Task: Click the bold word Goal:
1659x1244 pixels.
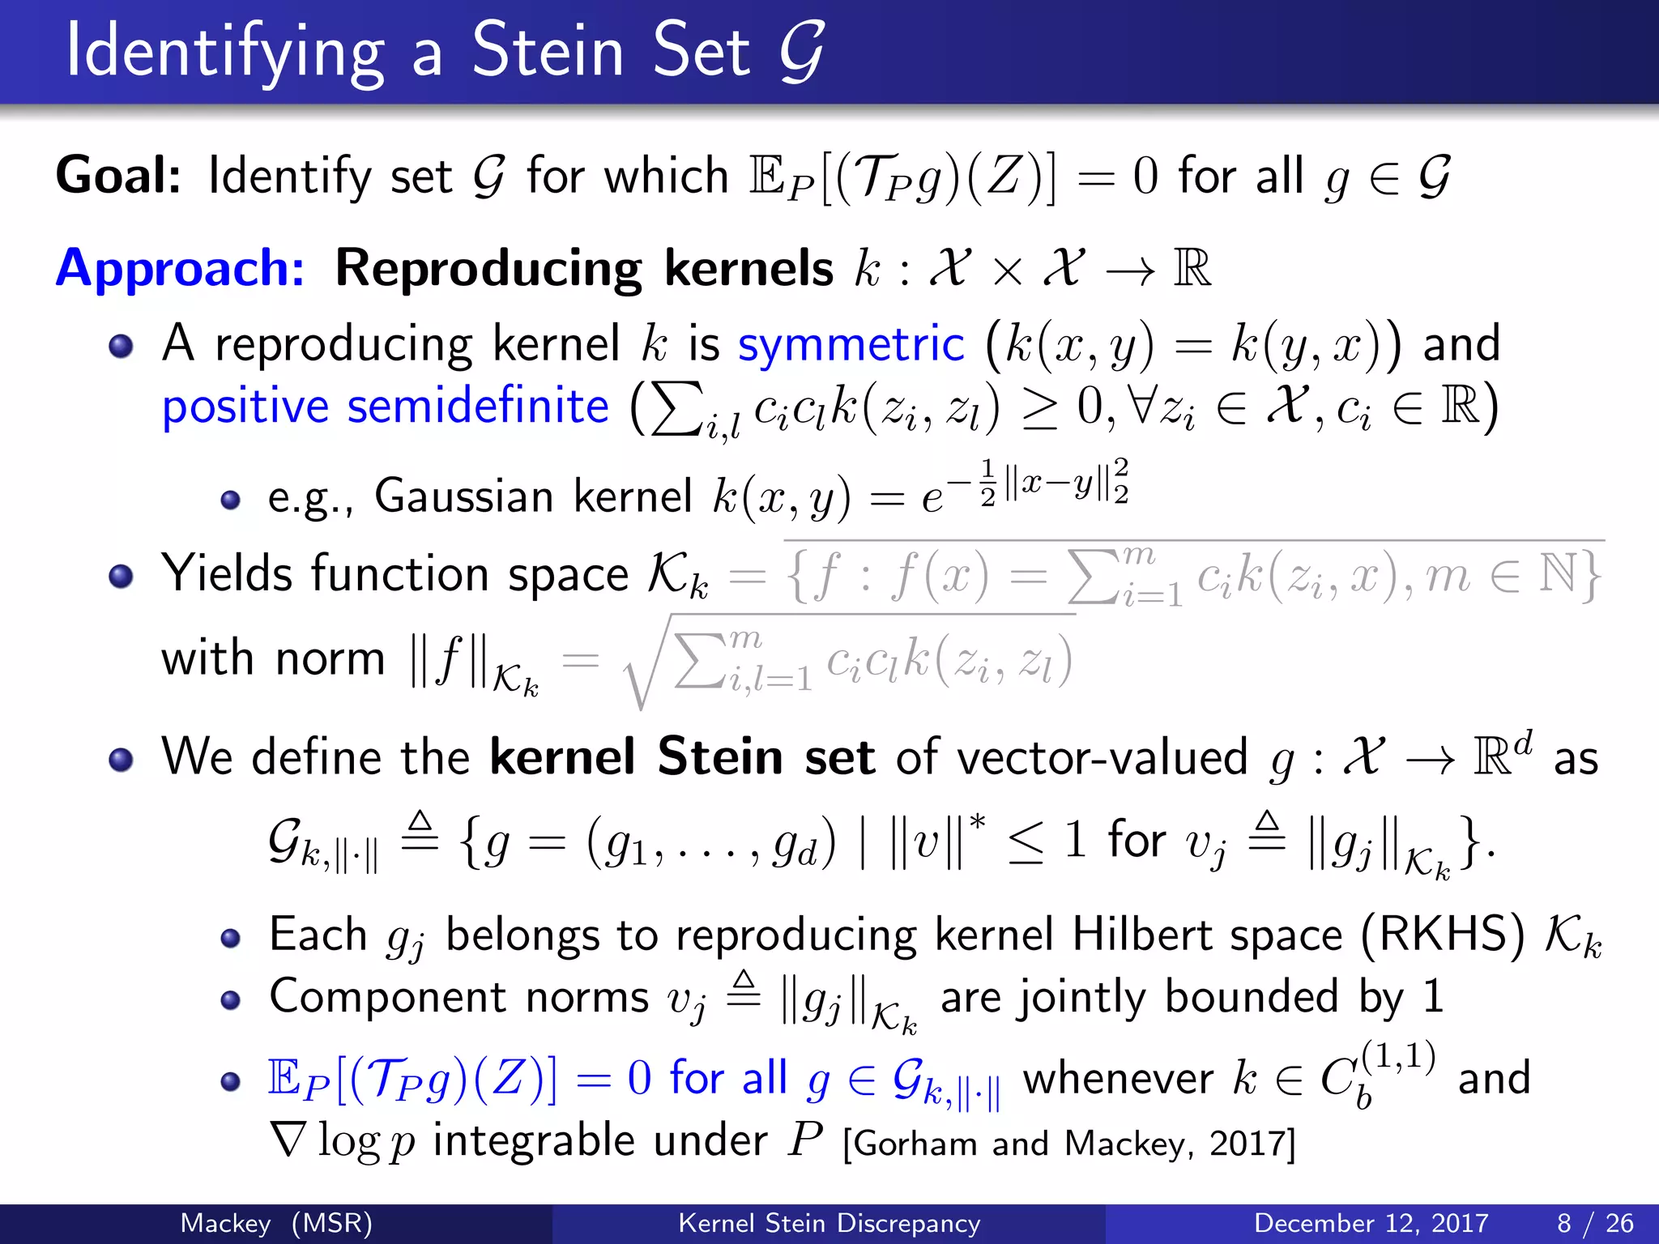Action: (x=118, y=176)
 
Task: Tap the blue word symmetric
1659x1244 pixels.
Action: (x=851, y=344)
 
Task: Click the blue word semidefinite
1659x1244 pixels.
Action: (x=477, y=407)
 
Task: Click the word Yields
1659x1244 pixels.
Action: (x=226, y=574)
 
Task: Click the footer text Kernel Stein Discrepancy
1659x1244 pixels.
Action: (x=829, y=1223)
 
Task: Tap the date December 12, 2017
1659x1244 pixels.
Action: (x=1371, y=1223)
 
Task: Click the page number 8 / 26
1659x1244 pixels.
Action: (x=1594, y=1223)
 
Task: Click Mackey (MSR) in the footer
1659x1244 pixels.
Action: (x=276, y=1223)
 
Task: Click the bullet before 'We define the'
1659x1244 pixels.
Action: (x=122, y=760)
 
